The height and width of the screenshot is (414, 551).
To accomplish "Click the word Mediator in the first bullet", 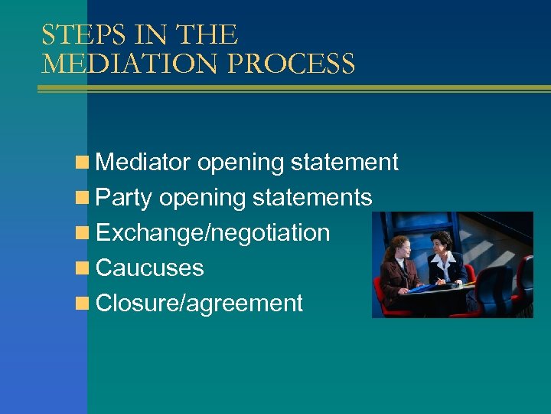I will [x=143, y=163].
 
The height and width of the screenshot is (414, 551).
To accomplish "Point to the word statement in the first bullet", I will [x=344, y=163].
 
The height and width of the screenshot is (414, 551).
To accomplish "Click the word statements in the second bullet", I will [x=312, y=198].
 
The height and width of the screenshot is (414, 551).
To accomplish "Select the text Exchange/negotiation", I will [x=213, y=233].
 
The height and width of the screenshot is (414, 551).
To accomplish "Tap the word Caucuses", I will [x=150, y=268].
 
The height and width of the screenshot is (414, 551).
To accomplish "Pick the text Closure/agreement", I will [x=200, y=304].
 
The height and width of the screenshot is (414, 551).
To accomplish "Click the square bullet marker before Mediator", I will [x=82, y=163].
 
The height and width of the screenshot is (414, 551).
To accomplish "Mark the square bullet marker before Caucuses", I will [x=82, y=268].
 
